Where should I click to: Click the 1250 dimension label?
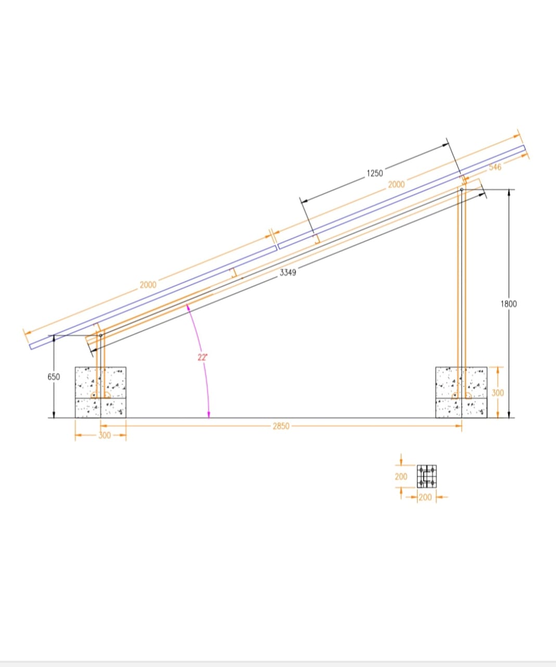[374, 173]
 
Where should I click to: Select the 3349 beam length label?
[288, 273]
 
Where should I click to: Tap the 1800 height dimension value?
[509, 304]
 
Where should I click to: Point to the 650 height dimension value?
[54, 377]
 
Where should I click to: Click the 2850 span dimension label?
[281, 426]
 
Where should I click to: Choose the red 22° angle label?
[202, 357]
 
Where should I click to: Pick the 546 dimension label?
[495, 167]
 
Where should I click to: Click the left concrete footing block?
[100, 392]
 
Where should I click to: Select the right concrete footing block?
[461, 392]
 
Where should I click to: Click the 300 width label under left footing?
[105, 435]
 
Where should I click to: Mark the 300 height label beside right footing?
[498, 392]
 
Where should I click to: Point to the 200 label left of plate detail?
[401, 476]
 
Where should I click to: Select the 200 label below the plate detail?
[425, 497]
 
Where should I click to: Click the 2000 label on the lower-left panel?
[148, 285]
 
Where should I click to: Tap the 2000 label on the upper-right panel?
[396, 184]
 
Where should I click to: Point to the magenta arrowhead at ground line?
[209, 415]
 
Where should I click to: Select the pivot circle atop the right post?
[461, 190]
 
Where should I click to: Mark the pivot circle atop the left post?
[101, 335]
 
